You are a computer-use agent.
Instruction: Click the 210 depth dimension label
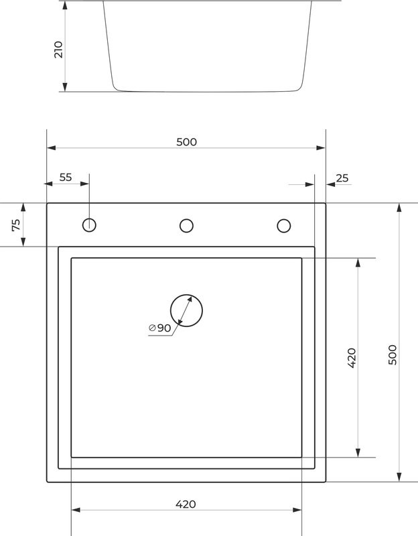click(58, 49)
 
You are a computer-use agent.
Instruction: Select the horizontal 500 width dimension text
click(186, 141)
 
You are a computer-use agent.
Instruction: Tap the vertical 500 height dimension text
click(393, 354)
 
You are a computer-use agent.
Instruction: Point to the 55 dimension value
click(66, 177)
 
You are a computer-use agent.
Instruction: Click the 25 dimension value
click(342, 178)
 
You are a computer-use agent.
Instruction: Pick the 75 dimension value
click(17, 225)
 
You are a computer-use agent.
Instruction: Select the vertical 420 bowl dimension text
click(352, 358)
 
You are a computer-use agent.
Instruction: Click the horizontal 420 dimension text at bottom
click(186, 504)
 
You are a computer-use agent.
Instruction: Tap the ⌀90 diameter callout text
click(160, 328)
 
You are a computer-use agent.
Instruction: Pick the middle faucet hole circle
click(186, 225)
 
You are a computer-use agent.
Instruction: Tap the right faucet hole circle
click(283, 225)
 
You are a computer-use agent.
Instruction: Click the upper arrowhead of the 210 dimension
click(64, 5)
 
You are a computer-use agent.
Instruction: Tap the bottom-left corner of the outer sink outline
click(47, 481)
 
